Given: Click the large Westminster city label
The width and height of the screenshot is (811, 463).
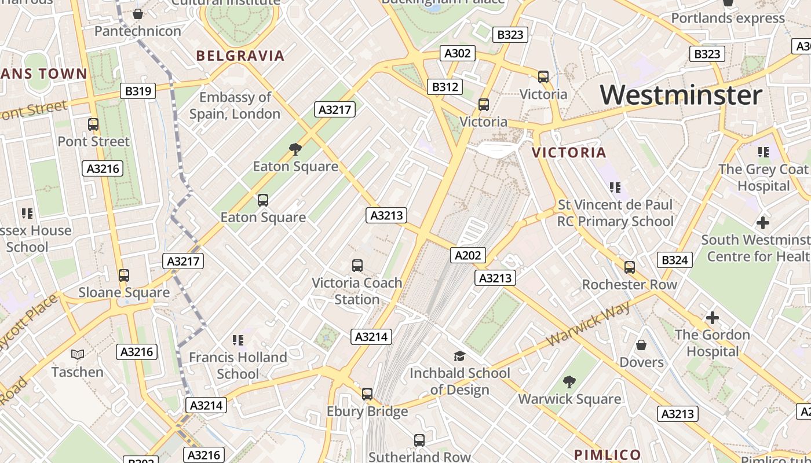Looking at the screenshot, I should [681, 95].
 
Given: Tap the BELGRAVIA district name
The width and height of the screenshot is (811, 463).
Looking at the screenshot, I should [240, 56].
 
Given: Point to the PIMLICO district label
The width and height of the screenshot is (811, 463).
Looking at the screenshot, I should [607, 455].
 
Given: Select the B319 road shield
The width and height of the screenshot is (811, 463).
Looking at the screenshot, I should [138, 91].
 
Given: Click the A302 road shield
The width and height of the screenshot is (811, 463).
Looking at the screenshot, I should [457, 54].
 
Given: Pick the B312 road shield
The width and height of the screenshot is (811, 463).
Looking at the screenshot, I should [445, 87].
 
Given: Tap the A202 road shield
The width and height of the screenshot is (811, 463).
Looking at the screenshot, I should [467, 255].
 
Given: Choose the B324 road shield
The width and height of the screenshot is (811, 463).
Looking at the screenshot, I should [674, 260].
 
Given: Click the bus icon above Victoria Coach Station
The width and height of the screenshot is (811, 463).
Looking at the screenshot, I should [357, 266].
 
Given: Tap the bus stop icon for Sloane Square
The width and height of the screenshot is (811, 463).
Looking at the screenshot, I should [123, 275].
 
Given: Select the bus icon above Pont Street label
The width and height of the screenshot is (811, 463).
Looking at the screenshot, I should [93, 124].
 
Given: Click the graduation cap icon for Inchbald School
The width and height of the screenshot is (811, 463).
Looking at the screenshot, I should [459, 356].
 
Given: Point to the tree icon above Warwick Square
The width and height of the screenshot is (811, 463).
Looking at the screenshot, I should [569, 382].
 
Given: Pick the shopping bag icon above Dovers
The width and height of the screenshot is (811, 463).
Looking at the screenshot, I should [641, 346].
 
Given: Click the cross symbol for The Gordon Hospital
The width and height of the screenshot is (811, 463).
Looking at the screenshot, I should [712, 318].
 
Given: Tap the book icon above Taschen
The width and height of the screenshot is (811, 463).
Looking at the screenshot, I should [77, 354].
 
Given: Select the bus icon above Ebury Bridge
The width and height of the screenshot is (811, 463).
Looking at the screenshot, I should [367, 394].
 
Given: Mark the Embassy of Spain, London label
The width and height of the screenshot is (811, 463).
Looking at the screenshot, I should [235, 105].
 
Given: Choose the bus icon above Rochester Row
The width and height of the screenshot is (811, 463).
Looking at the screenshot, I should [630, 267].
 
